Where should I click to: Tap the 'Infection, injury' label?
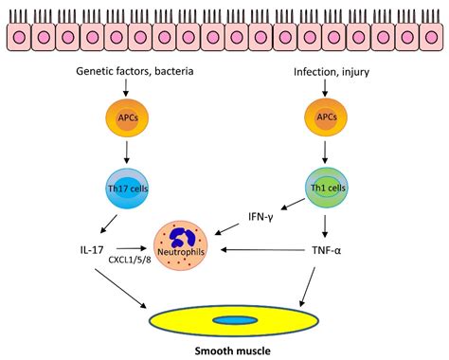click(x=325, y=72)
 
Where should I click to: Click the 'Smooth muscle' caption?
click(x=224, y=349)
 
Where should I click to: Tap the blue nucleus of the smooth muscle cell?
click(x=224, y=319)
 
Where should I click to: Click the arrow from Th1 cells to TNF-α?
click(x=325, y=224)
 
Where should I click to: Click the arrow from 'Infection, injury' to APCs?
click(x=325, y=90)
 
